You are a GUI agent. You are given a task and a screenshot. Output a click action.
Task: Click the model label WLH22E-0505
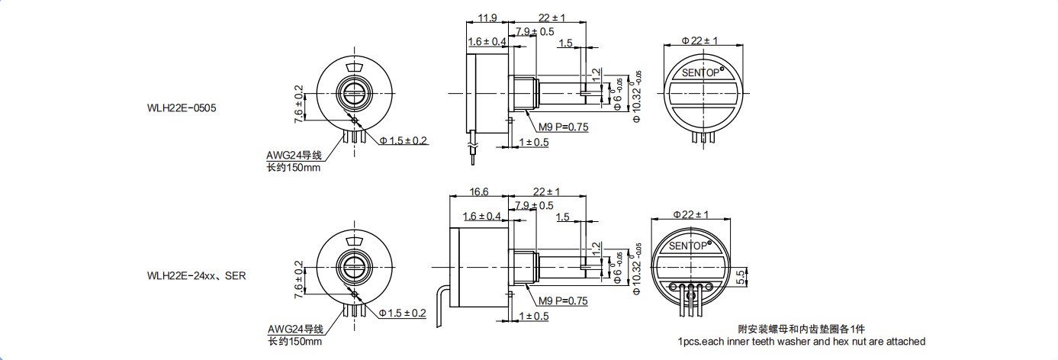(183, 108)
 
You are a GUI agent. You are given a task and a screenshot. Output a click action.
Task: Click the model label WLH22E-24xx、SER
(198, 276)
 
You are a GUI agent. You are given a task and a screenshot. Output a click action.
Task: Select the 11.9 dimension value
(488, 18)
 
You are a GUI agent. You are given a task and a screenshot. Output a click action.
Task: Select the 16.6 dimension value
(479, 192)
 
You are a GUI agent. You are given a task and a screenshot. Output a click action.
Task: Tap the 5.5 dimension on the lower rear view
(740, 278)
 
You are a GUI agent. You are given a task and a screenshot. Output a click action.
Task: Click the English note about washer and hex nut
(801, 342)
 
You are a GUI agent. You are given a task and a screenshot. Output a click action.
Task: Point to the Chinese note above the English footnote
(802, 329)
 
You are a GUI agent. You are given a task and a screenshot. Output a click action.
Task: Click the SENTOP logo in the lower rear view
(689, 246)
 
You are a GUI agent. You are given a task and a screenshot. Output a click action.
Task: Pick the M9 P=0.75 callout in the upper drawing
(564, 127)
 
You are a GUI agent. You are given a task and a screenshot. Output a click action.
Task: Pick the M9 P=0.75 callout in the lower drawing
(564, 301)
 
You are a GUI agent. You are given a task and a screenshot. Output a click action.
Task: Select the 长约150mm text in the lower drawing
(294, 341)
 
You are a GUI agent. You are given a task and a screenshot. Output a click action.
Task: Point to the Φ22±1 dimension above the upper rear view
(699, 40)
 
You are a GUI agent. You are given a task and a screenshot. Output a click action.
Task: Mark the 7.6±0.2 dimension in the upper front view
(299, 104)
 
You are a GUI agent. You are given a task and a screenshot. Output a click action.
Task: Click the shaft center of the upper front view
(354, 95)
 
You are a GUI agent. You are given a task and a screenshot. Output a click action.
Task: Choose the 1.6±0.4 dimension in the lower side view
(481, 217)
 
